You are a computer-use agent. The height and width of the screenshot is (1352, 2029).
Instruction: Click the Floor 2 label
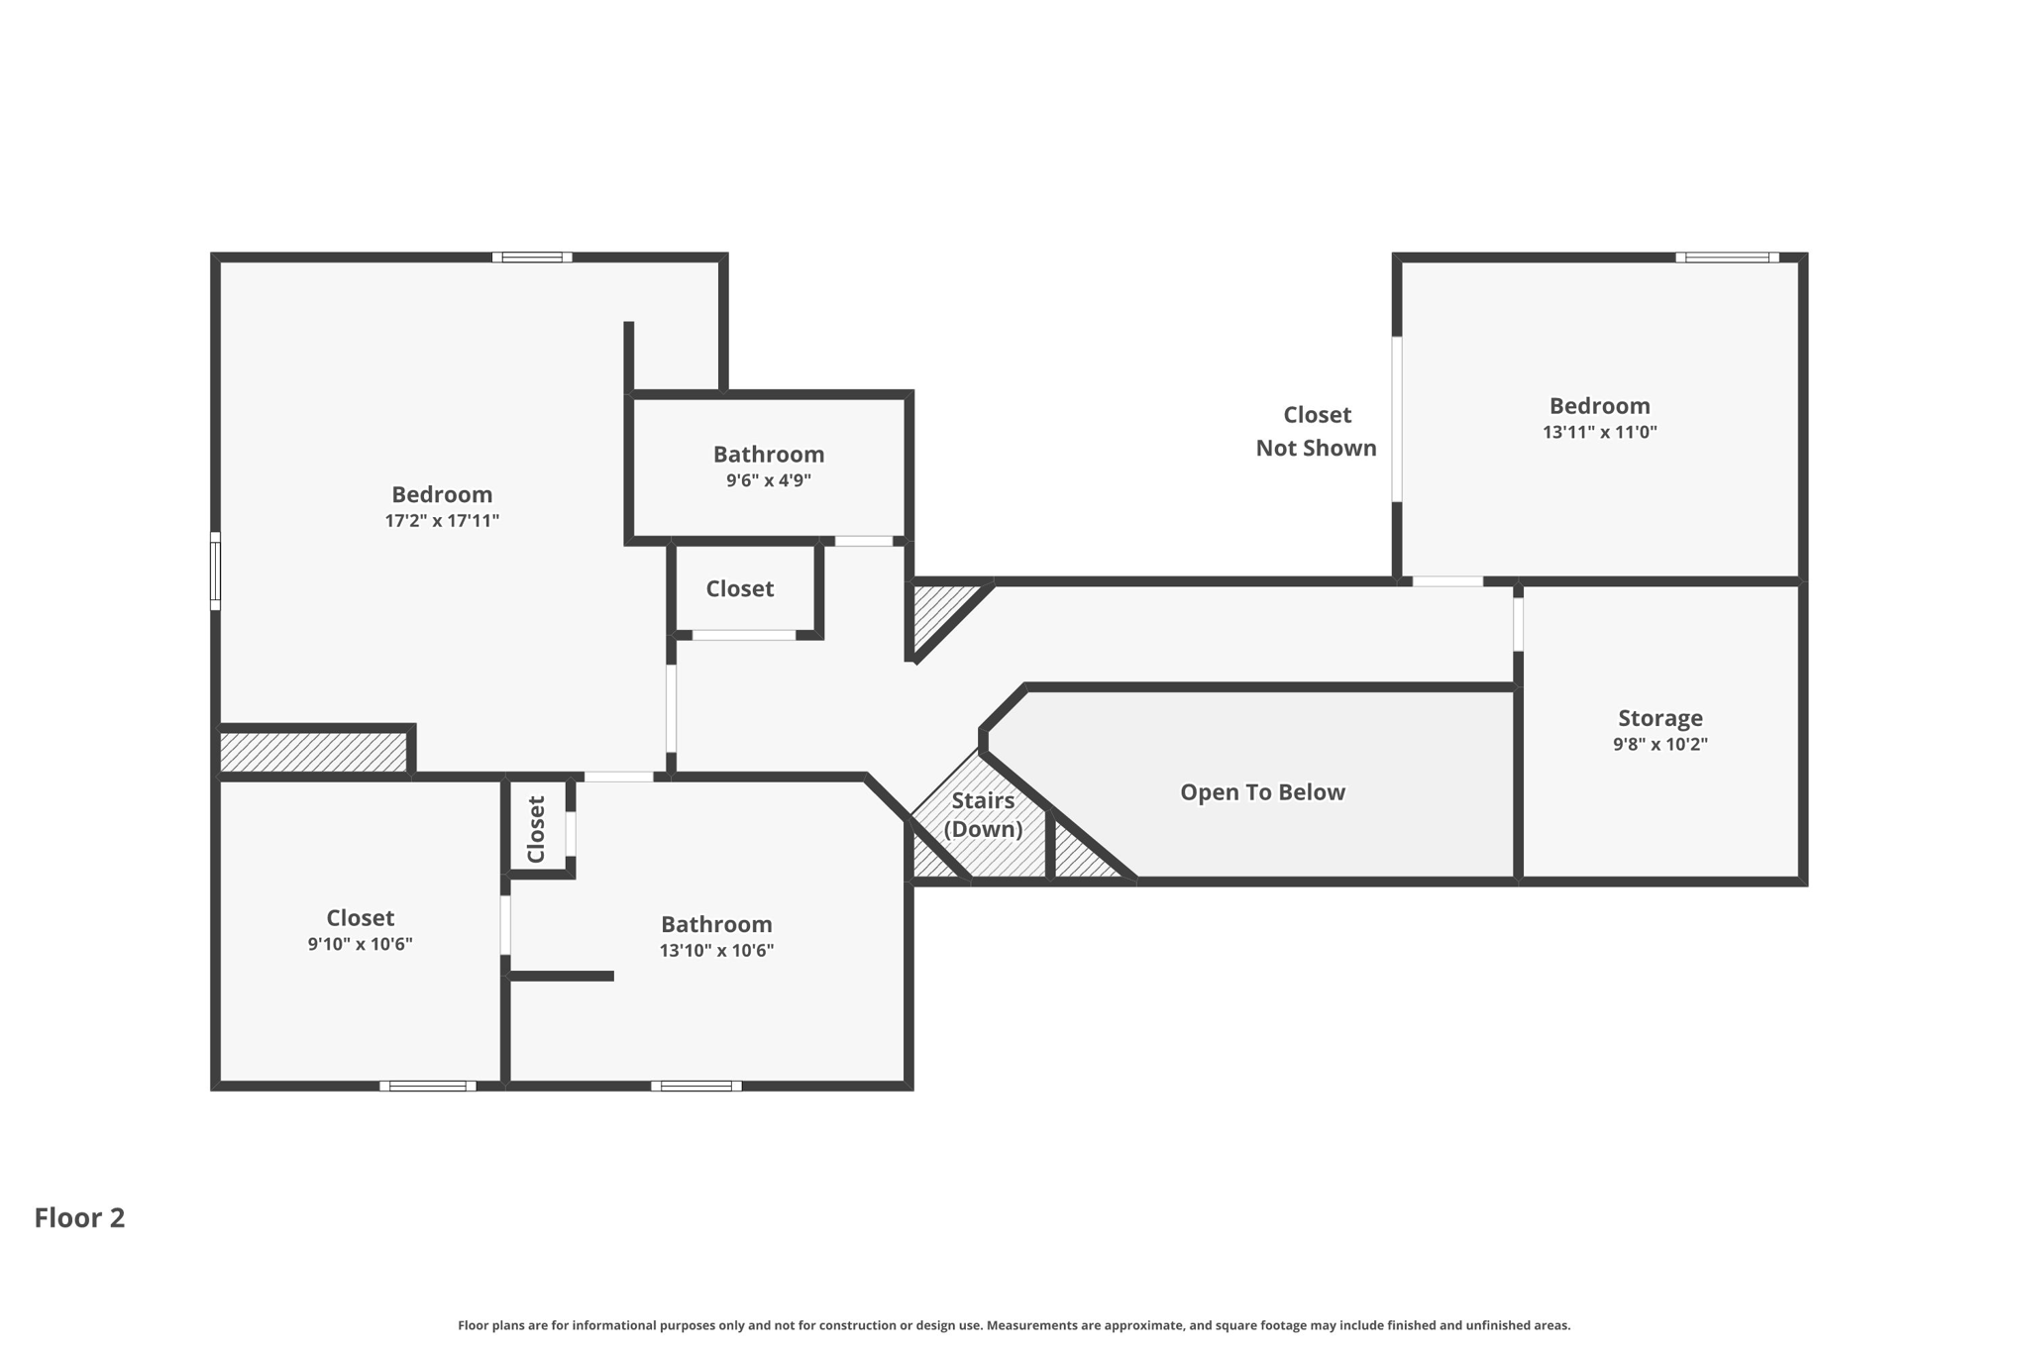(79, 1217)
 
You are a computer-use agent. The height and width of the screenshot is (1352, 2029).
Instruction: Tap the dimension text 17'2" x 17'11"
(442, 521)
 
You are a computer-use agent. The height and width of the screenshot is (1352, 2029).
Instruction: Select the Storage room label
(1659, 718)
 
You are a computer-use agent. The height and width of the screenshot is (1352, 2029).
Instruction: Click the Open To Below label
(1261, 792)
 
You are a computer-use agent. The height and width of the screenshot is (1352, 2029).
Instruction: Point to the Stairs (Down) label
(982, 814)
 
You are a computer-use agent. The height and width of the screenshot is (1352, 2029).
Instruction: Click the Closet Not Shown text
(1316, 431)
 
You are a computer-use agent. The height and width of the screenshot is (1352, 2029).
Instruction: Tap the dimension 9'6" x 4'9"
(768, 480)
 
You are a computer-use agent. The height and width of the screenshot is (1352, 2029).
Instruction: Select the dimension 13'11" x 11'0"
(1599, 432)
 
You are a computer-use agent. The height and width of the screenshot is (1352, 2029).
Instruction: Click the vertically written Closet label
(536, 829)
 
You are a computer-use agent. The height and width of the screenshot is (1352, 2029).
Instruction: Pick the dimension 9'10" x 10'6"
(360, 944)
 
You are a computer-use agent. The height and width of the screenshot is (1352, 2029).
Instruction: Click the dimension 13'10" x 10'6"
(716, 951)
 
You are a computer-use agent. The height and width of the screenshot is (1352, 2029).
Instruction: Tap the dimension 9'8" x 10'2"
(1659, 744)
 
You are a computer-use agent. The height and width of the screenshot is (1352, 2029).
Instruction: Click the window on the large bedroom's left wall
(215, 571)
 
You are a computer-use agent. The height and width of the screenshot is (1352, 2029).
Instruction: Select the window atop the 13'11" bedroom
(1727, 258)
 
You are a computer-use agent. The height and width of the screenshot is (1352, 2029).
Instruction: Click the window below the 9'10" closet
(428, 1086)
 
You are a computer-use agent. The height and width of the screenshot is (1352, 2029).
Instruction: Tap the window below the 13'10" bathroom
(696, 1086)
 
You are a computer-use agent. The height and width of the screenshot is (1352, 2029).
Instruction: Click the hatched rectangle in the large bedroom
(313, 752)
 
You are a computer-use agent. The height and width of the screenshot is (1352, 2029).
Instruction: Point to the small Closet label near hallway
(739, 588)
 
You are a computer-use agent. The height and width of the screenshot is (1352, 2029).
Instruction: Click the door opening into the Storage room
(1518, 624)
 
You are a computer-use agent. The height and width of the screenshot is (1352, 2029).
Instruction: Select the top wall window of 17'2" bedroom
(532, 258)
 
